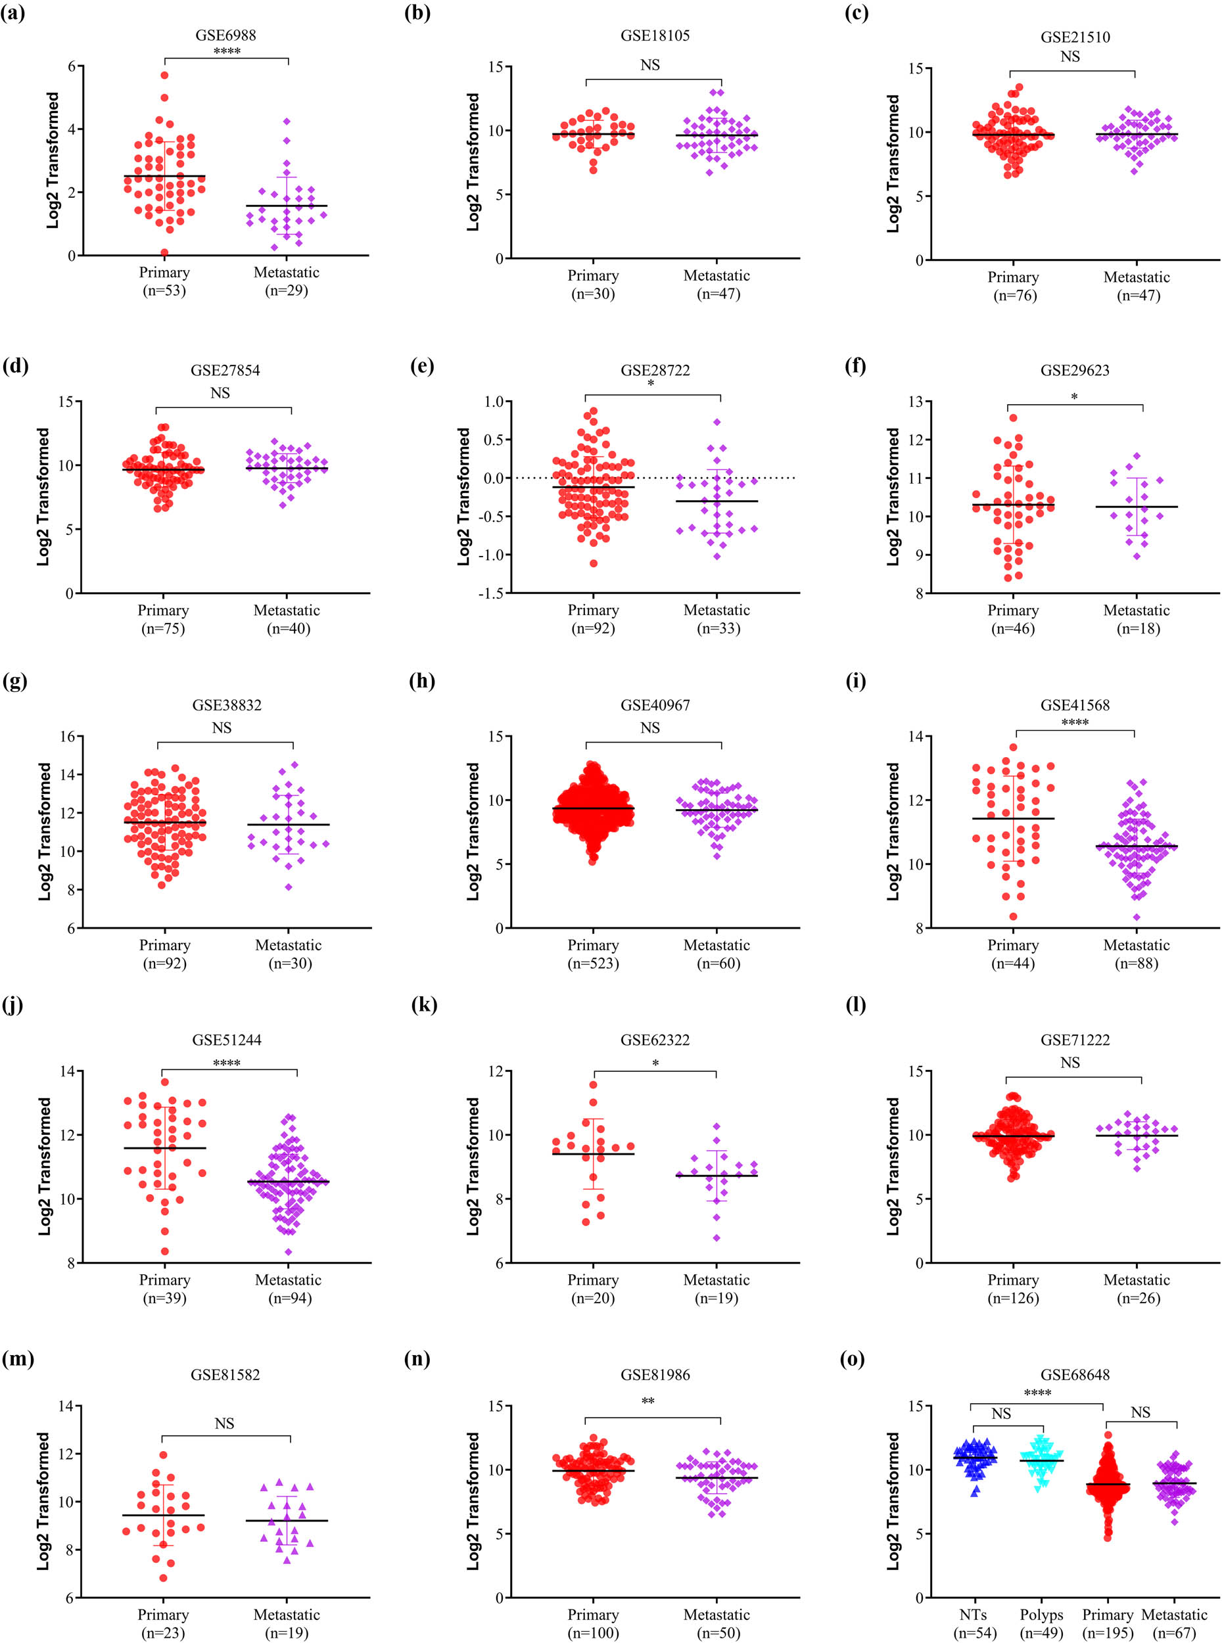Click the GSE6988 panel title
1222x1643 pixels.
[x=225, y=35]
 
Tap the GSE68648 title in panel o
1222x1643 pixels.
[x=1075, y=1375]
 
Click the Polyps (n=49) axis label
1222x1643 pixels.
[x=1041, y=1624]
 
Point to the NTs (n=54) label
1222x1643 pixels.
[x=975, y=1624]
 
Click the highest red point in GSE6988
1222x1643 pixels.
[x=164, y=76]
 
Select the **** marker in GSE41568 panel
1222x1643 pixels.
[x=1074, y=722]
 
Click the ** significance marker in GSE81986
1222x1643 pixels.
[x=648, y=1402]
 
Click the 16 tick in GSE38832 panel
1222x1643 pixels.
[x=66, y=737]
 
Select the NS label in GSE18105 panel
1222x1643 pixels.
[x=650, y=65]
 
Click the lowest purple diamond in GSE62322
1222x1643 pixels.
[x=716, y=1238]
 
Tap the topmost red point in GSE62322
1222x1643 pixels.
[x=593, y=1085]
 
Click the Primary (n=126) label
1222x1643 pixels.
[x=1013, y=1289]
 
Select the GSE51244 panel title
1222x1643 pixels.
[x=225, y=1040]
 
